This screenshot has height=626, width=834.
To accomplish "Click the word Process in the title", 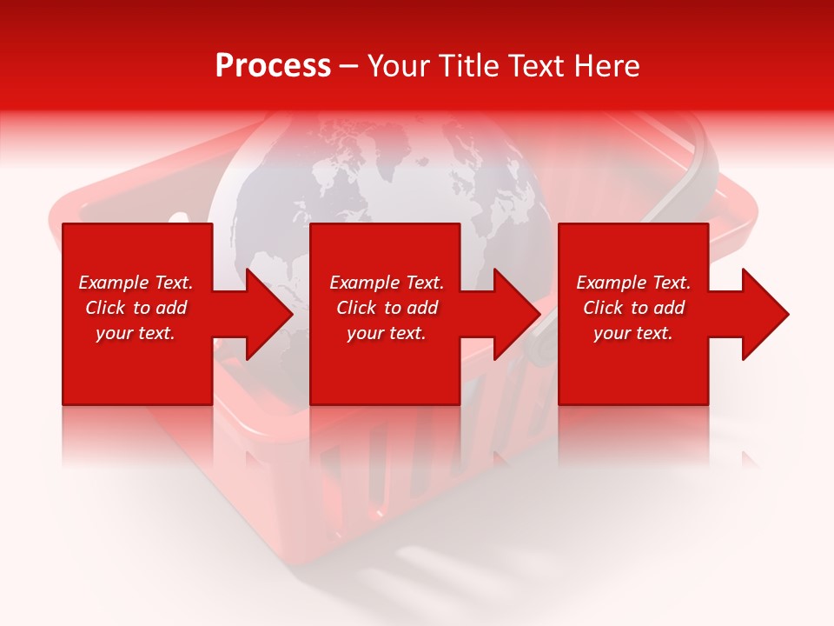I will [273, 66].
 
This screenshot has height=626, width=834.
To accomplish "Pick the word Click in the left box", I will [106, 308].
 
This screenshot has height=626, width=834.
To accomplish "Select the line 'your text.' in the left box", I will [136, 333].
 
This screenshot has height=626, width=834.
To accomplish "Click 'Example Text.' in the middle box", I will [387, 283].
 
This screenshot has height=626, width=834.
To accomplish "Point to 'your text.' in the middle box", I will [387, 333].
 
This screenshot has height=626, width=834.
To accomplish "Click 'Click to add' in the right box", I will [633, 308].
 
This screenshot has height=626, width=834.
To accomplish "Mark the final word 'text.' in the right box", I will [653, 333].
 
